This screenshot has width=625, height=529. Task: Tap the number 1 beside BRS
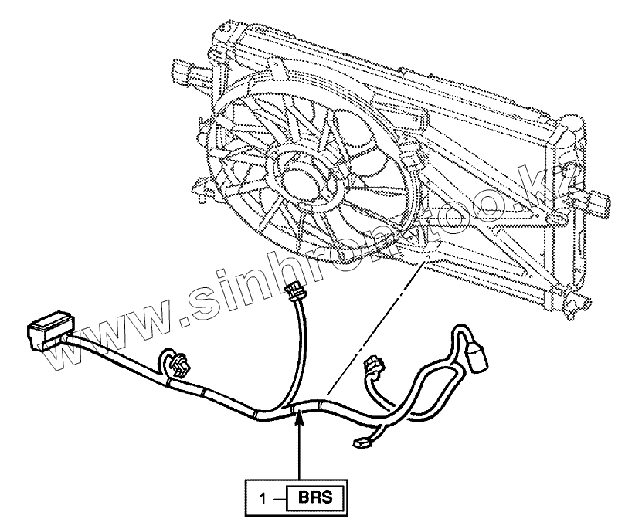[x=264, y=498]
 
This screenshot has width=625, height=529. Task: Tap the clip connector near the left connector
[x=177, y=365]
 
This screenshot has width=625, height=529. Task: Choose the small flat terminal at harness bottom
[x=362, y=443]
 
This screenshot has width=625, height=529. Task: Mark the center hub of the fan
[x=298, y=175]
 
